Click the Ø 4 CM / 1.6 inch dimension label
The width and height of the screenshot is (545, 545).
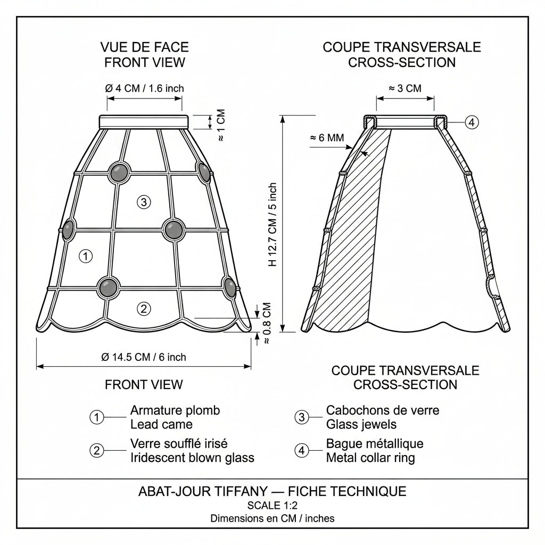click(x=144, y=88)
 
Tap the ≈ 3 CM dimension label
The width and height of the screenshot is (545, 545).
click(x=405, y=88)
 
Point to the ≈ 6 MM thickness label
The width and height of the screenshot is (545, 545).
click(x=327, y=138)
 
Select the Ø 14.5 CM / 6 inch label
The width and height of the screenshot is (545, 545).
click(x=144, y=357)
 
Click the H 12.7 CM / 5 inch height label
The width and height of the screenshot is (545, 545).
click(x=273, y=225)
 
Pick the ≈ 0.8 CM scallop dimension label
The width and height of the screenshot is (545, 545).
click(x=267, y=323)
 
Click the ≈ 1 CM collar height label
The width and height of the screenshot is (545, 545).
click(x=221, y=125)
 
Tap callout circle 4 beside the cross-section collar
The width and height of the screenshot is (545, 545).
click(x=472, y=122)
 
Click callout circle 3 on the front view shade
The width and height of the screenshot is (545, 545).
click(x=144, y=202)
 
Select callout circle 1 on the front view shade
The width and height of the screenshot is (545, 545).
click(x=86, y=256)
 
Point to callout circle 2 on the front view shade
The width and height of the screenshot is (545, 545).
click(x=144, y=309)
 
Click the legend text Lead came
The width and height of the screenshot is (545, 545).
click(x=161, y=424)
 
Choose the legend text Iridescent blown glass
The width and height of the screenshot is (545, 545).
click(x=192, y=458)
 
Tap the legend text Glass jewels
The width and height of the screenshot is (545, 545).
click(x=361, y=424)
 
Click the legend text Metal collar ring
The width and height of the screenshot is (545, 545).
click(x=370, y=458)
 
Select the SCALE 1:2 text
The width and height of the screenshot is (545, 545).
click(x=272, y=506)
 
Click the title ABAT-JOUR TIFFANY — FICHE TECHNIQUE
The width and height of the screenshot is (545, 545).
click(x=272, y=491)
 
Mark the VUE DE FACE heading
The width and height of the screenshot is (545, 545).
click(x=144, y=47)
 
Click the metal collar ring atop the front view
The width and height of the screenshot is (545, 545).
click(x=144, y=122)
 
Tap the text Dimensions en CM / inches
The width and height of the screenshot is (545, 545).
click(x=272, y=518)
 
